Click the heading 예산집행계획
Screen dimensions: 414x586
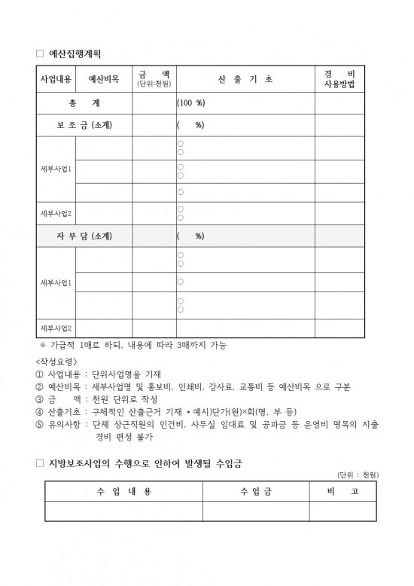[74, 54]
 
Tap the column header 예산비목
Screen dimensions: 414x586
[103, 78]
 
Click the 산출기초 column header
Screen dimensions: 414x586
[245, 78]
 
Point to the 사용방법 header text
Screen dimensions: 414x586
[339, 84]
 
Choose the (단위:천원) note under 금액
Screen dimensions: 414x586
[154, 84]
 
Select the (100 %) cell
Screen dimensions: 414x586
[191, 102]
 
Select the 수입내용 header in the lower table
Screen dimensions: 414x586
[123, 491]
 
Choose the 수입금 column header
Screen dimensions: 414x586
[255, 491]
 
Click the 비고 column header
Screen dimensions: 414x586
[343, 491]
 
